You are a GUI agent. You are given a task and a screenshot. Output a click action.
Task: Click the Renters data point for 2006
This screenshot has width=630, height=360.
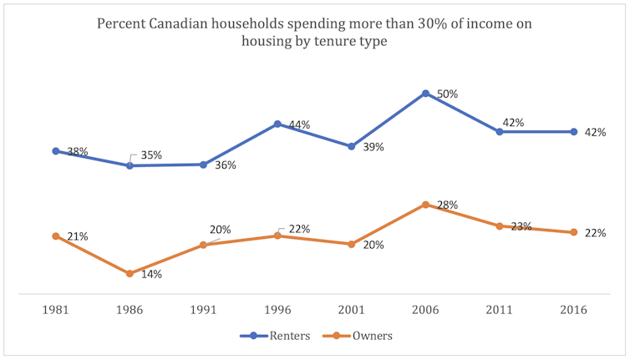(426, 94)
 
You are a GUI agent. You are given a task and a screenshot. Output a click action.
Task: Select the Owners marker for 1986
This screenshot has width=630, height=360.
(130, 273)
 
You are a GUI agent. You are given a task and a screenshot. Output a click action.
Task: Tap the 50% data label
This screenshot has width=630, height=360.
(448, 94)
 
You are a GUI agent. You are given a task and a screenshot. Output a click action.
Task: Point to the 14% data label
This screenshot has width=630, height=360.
(151, 274)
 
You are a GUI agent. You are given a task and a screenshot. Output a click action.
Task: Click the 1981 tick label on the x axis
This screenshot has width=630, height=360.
(55, 309)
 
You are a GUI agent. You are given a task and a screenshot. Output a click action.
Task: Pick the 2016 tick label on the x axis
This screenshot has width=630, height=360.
(574, 309)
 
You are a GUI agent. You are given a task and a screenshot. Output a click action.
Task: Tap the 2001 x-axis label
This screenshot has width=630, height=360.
(352, 309)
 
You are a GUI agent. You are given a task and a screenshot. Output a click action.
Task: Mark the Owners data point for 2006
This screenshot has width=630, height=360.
(426, 204)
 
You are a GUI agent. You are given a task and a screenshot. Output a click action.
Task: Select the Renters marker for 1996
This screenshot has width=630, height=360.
(277, 124)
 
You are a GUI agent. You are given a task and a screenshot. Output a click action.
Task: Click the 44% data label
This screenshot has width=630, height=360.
(299, 124)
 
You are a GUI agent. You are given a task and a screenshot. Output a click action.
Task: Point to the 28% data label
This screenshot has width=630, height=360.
(448, 205)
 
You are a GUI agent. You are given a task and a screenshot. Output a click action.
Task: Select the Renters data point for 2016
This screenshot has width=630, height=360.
(574, 131)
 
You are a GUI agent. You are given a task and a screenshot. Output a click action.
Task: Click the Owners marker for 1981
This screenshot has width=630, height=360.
(55, 236)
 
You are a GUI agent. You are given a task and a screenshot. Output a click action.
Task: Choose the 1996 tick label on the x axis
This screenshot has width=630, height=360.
(277, 309)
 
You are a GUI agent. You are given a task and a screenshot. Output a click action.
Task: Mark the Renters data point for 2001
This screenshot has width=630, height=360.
(352, 146)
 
